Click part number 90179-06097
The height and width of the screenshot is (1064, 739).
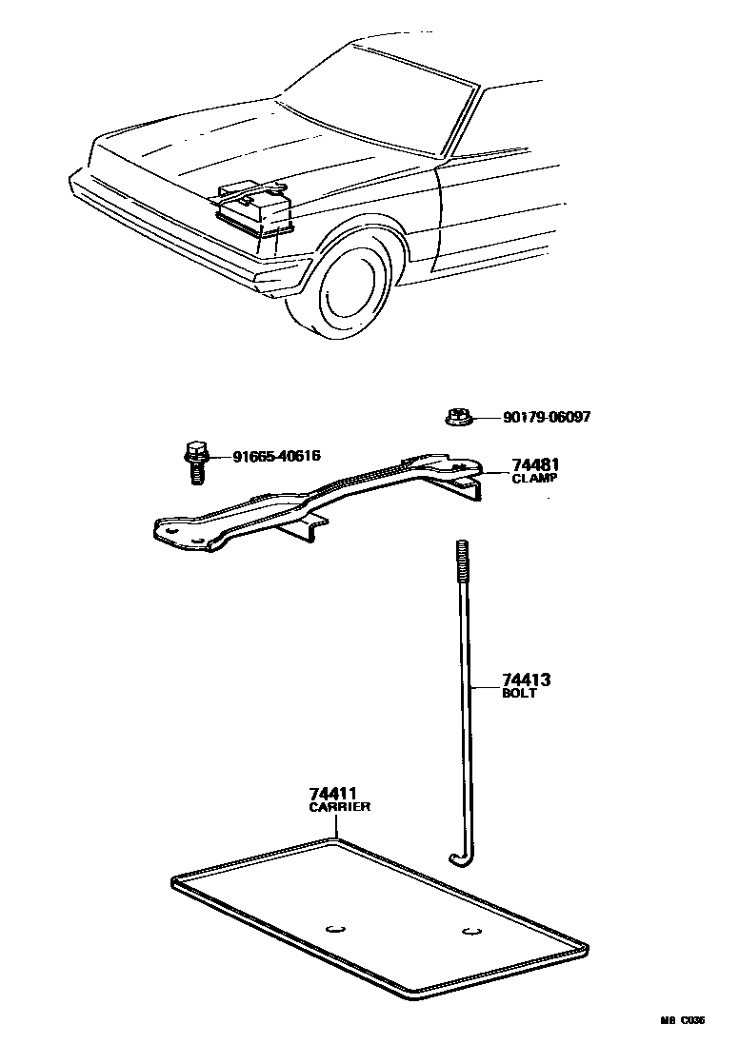pyautogui.click(x=541, y=418)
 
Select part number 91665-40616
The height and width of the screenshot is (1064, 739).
pyautogui.click(x=276, y=457)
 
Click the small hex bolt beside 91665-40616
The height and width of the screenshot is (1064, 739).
pyautogui.click(x=196, y=461)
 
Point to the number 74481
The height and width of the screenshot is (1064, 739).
pyautogui.click(x=535, y=465)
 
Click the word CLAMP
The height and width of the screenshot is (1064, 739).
pyautogui.click(x=534, y=479)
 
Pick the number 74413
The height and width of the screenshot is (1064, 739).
pyautogui.click(x=527, y=680)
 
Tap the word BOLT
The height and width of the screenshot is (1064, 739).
pyautogui.click(x=519, y=694)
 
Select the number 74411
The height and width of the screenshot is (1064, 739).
pyautogui.click(x=333, y=794)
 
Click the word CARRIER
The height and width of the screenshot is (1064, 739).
pyautogui.click(x=339, y=807)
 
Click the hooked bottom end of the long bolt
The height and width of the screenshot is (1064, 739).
pyautogui.click(x=461, y=859)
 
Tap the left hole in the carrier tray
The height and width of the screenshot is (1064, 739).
pyautogui.click(x=332, y=929)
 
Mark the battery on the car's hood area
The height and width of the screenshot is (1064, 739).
pyautogui.click(x=251, y=208)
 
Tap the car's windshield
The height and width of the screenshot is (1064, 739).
pyautogui.click(x=381, y=95)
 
